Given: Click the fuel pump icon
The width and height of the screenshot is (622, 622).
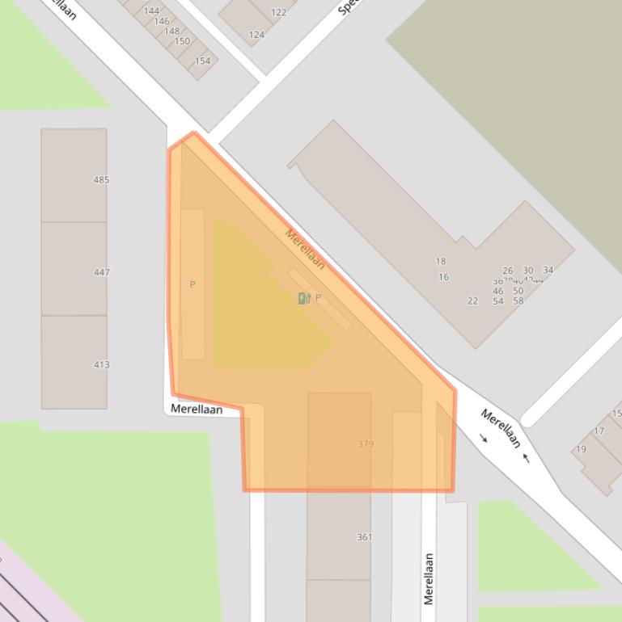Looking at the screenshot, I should [303, 298].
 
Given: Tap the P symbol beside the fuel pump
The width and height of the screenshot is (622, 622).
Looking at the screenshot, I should [318, 298].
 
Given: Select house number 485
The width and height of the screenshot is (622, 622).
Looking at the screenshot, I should [101, 180].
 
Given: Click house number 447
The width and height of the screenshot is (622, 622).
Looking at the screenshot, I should [101, 272].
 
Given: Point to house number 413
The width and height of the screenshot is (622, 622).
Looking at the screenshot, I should [101, 364].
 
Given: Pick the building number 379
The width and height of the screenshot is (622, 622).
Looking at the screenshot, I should [366, 443].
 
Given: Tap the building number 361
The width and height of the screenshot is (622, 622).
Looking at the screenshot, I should [364, 537].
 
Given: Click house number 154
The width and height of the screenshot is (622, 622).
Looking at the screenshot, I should [202, 61].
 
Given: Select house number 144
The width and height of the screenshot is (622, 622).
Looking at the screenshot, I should [151, 11].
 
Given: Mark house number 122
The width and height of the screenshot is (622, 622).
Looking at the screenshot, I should [279, 12].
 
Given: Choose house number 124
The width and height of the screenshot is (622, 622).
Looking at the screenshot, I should [256, 35].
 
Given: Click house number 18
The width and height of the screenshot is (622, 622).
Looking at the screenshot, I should [441, 261].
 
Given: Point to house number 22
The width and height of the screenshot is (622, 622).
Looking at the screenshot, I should [472, 300].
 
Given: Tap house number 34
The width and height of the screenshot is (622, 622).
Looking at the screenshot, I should [548, 271].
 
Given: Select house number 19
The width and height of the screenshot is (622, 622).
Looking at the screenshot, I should [582, 449].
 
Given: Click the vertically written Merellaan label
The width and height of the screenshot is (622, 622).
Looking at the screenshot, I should [429, 578].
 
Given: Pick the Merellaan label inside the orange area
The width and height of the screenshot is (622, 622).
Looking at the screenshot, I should [305, 249].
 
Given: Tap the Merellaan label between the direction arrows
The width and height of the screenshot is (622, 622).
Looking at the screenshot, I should [501, 428].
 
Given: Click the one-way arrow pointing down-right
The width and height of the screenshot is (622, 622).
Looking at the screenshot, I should [484, 439].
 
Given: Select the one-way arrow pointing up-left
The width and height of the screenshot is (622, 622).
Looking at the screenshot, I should [527, 458].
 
